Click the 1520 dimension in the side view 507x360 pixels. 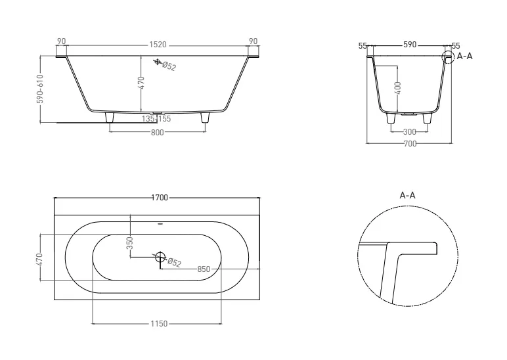tap(158, 45)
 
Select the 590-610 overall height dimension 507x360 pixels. tap(40, 89)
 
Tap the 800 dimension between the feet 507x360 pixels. tap(158, 132)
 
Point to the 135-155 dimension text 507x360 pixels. tap(156, 119)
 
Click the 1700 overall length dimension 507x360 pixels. tap(160, 198)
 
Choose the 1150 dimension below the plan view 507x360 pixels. tap(159, 323)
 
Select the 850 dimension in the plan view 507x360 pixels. tap(204, 269)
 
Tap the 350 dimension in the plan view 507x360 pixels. tap(129, 243)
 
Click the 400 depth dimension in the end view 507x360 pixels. tap(398, 88)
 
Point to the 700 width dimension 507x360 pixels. tap(410, 144)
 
